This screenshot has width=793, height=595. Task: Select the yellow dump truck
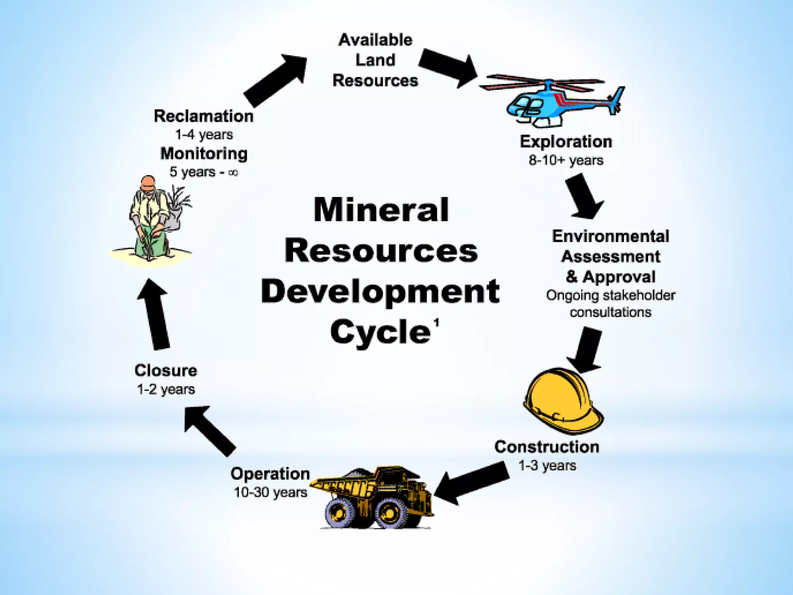tap(374, 498)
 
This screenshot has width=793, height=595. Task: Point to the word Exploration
tap(566, 142)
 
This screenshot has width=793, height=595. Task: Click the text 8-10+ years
tap(566, 160)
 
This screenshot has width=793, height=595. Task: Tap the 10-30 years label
tap(270, 492)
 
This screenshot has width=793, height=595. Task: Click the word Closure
tap(166, 371)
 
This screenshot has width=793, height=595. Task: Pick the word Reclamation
tap(204, 116)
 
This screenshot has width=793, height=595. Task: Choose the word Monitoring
tap(204, 154)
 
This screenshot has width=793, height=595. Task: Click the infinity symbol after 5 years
tap(233, 173)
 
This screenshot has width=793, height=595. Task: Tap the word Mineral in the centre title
tap(381, 210)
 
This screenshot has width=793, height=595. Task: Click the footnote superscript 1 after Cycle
tap(436, 323)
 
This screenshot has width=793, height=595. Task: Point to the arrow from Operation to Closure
tap(209, 430)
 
